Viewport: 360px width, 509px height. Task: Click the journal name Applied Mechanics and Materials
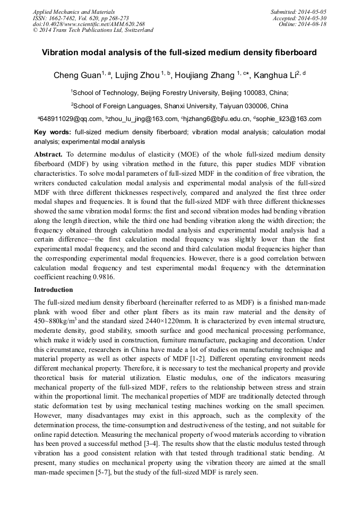[x=73, y=11]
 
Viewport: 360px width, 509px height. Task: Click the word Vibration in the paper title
[x=61, y=53]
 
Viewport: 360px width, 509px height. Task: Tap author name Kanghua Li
[x=273, y=75]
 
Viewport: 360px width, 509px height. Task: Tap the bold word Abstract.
[x=48, y=154]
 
